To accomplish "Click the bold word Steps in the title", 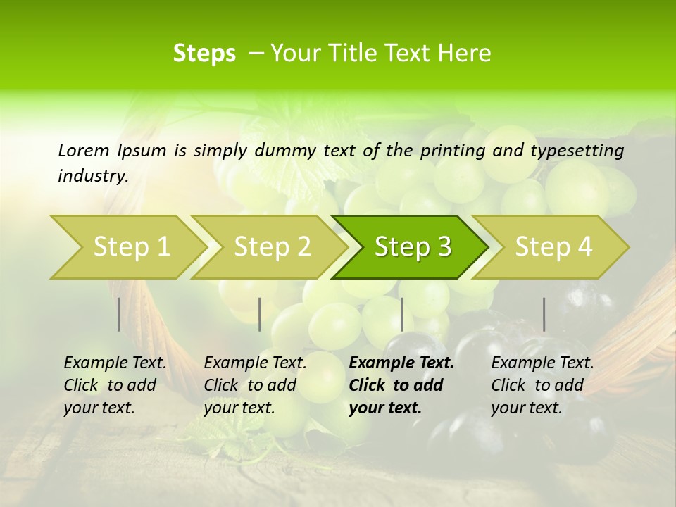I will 204,54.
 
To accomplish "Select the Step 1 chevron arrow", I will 127,247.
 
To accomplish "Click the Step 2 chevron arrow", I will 270,247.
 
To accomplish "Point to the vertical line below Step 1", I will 119,314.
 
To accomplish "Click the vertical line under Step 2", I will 260,314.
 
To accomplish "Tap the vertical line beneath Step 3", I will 401,314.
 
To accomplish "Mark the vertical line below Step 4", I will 544,314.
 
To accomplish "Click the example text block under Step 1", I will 115,385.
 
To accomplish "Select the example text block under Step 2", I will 255,385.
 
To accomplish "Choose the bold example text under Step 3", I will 401,385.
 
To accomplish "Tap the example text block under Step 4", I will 542,385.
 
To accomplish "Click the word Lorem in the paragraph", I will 84,151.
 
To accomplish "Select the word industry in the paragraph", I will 92,176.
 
